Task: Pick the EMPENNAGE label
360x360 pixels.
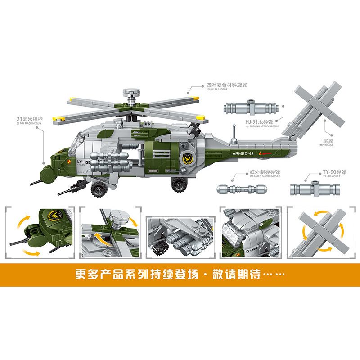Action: [325, 142]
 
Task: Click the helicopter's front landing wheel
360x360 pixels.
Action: [98, 189]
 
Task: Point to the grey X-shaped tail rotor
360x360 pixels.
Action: [317, 103]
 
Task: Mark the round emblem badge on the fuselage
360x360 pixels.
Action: [186, 158]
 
